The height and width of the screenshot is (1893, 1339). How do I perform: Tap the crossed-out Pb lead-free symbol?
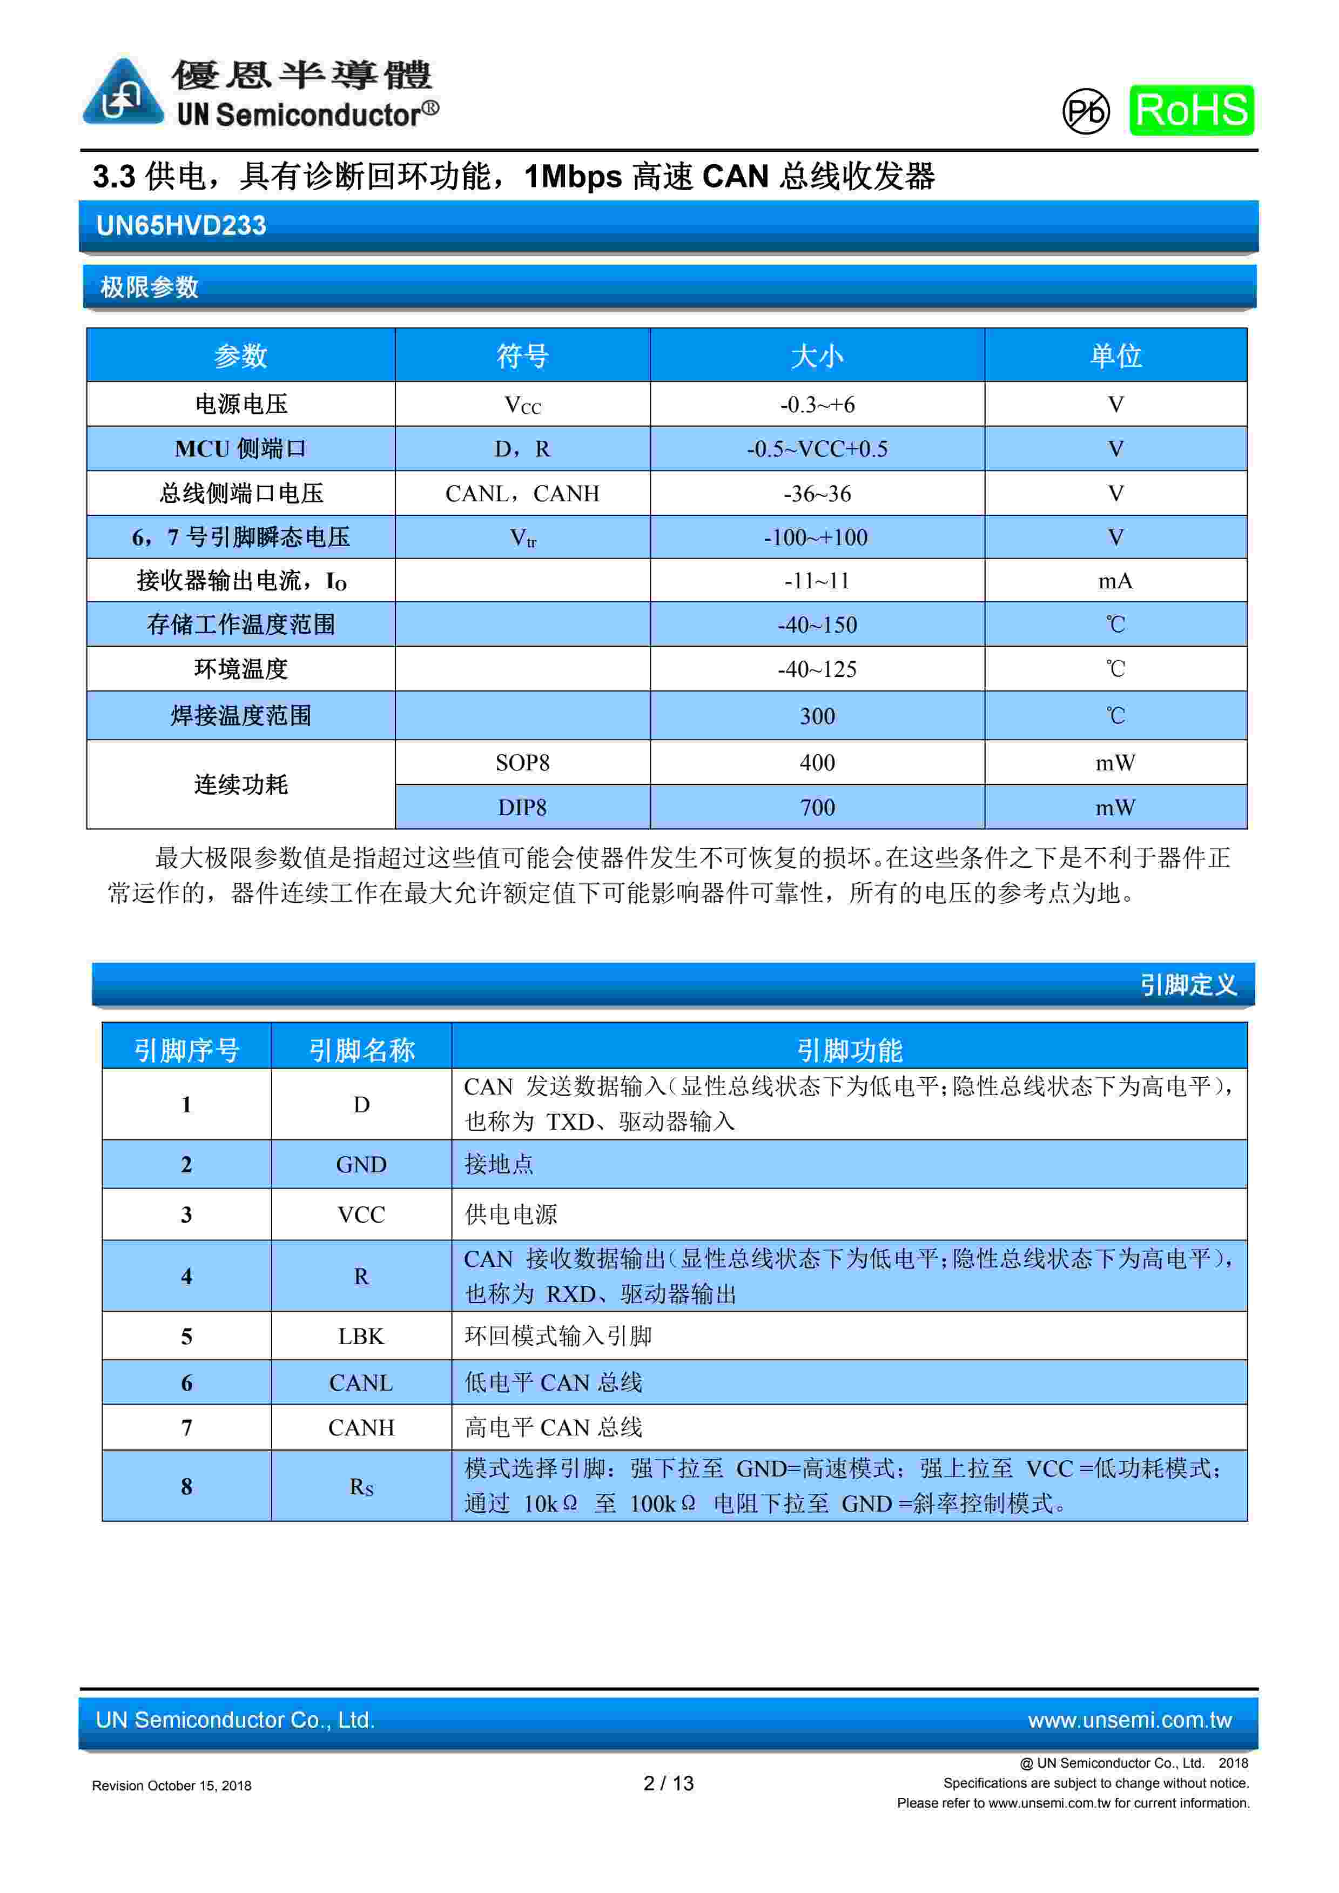1085,111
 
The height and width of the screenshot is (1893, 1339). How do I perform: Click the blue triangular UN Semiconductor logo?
123,93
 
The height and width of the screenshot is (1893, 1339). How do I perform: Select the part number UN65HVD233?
181,226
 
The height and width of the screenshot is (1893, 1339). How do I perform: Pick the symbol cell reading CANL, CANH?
522,494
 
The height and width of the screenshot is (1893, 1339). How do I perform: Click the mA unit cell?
1115,581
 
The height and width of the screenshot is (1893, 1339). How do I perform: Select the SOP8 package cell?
522,763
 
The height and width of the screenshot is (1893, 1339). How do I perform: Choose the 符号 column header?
522,356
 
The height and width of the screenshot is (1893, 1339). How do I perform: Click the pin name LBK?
361,1337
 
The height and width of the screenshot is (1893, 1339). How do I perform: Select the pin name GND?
361,1164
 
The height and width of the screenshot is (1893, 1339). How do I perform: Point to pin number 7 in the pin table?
186,1427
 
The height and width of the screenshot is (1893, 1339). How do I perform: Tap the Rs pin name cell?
361,1487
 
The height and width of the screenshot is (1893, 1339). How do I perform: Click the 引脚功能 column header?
849,1050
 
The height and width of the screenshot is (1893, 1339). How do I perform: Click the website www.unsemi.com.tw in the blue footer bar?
1129,1720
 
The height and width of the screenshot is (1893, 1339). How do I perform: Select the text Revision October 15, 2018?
172,1786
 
